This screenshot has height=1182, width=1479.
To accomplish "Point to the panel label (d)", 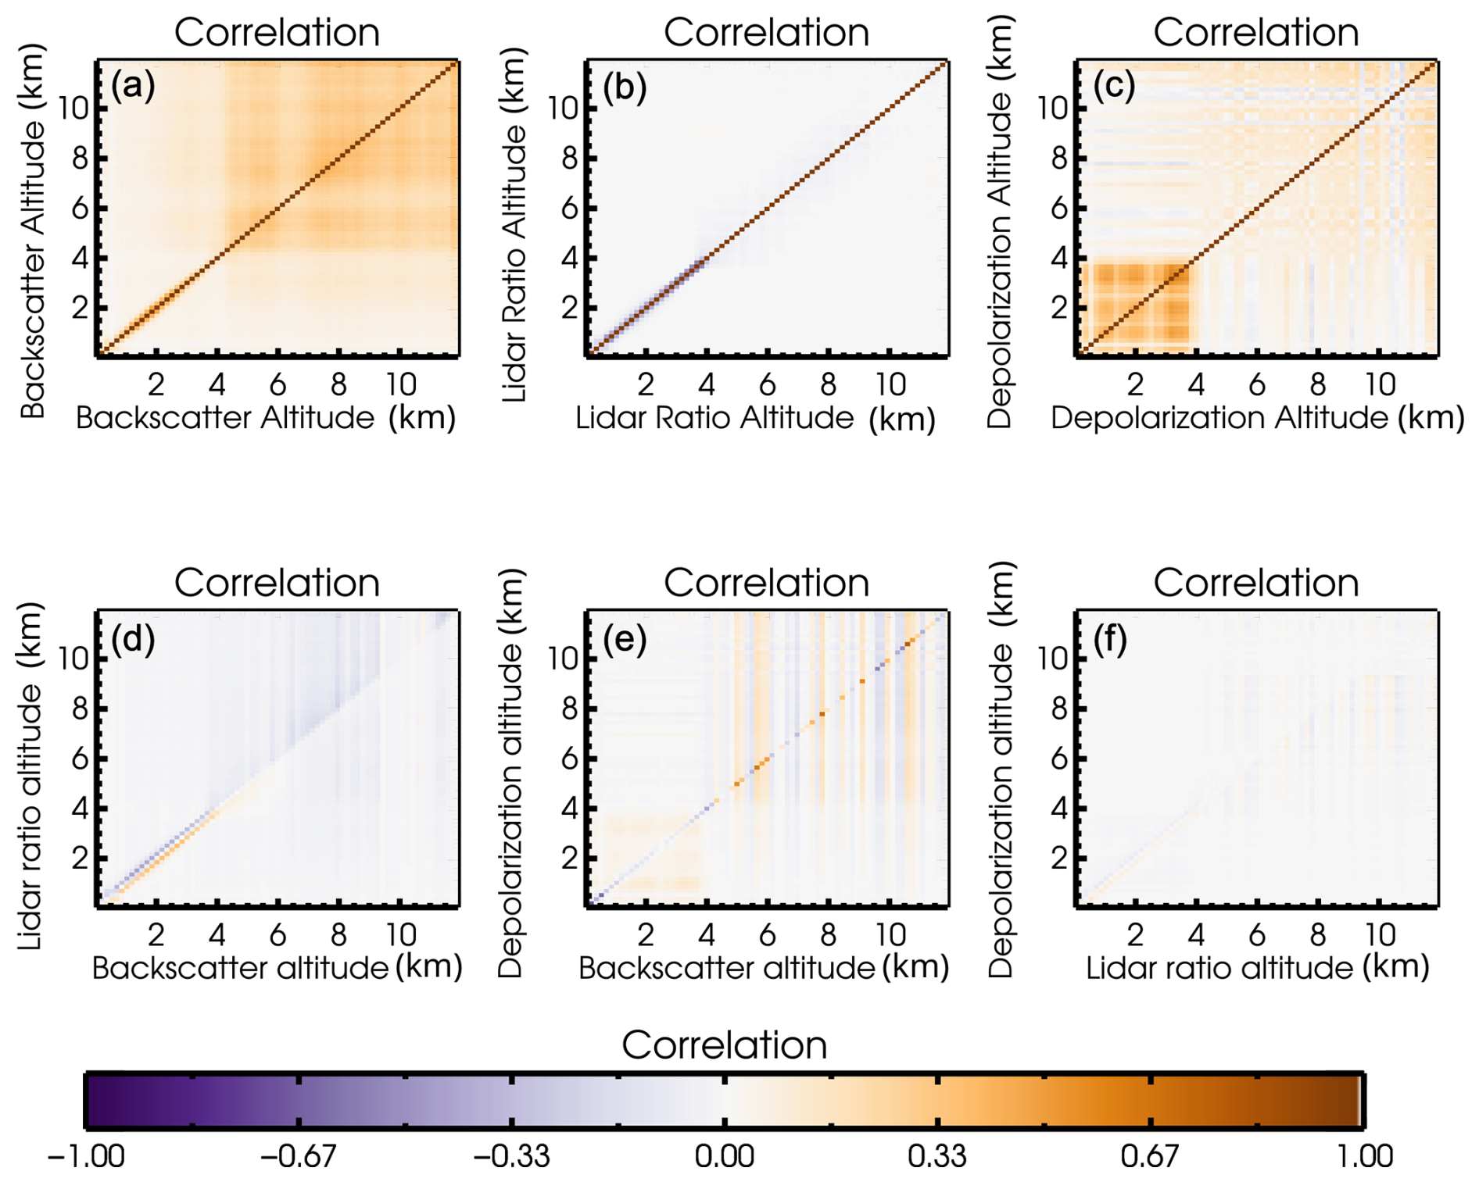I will (133, 640).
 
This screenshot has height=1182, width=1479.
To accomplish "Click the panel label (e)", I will (625, 640).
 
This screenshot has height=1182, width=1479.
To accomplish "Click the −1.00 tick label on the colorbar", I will (85, 1155).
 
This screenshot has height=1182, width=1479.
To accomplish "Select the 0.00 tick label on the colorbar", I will (724, 1155).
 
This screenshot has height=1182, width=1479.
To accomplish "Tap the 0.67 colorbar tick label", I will (1148, 1155).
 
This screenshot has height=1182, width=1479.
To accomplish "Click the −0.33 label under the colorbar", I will (511, 1155).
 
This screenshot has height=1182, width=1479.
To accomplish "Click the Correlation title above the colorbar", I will (724, 1045).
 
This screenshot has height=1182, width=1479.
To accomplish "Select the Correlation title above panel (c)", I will (1255, 33).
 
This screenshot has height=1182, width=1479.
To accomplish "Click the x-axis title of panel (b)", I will (755, 419).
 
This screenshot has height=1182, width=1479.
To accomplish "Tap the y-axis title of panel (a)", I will (33, 230).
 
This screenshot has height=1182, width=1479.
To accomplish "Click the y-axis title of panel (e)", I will (510, 773).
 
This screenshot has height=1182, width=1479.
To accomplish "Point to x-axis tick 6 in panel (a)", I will (278, 384).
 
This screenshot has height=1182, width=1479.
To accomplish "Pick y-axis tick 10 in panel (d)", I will (73, 659).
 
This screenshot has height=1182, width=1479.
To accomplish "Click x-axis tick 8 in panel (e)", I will (828, 934).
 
